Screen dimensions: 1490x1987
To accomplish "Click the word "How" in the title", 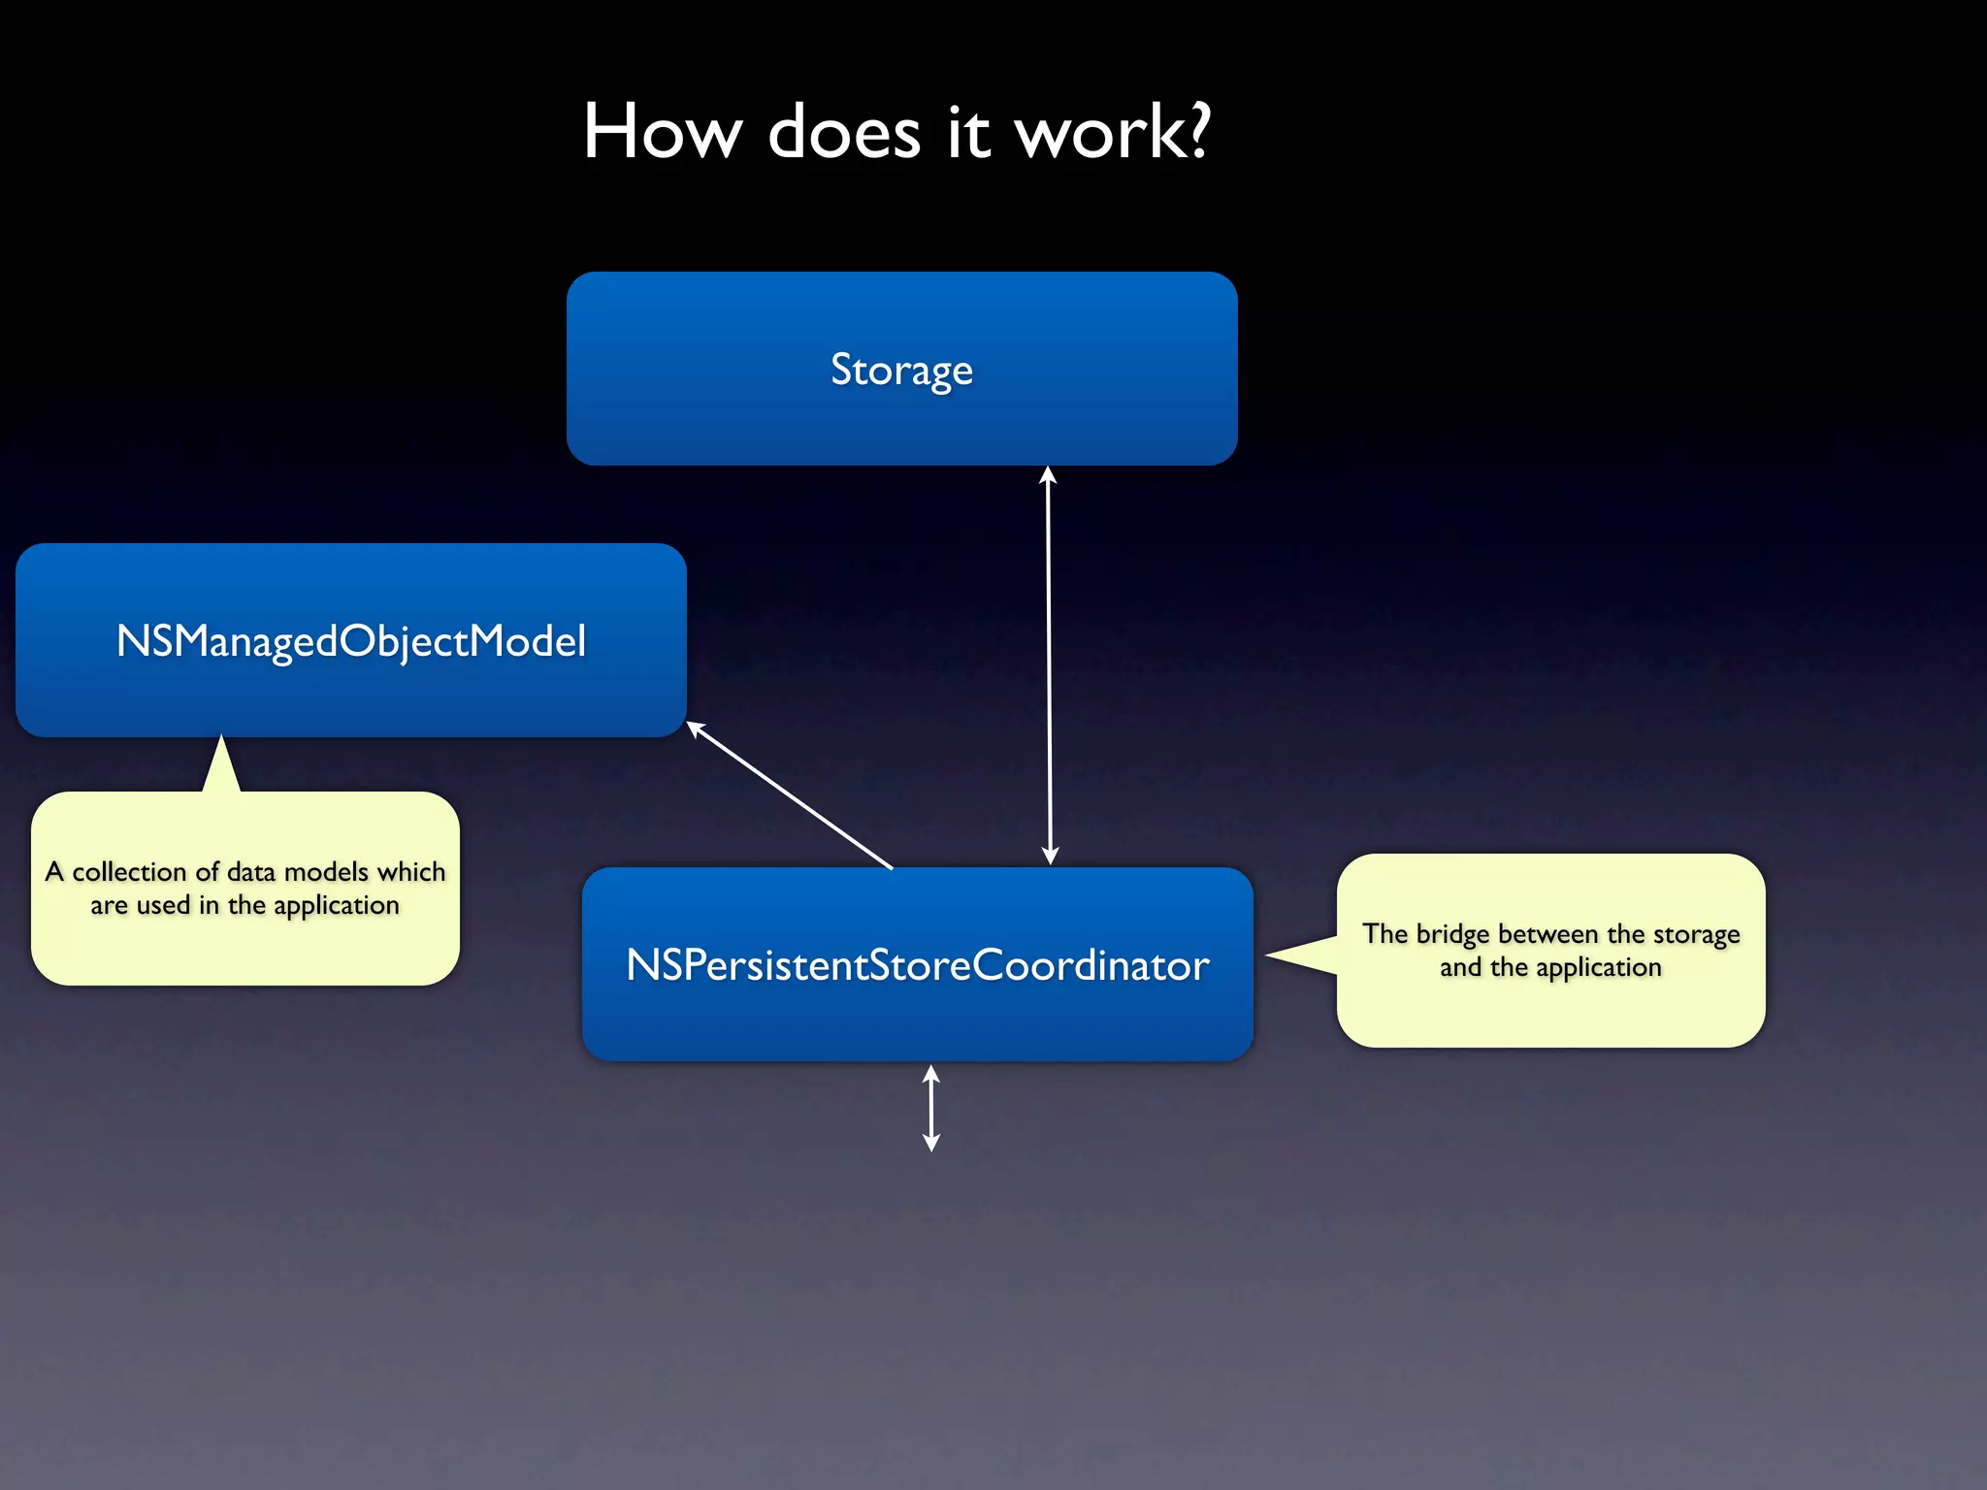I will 663,132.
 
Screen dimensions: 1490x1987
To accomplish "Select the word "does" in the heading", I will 844,132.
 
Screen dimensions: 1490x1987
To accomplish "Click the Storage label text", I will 901,370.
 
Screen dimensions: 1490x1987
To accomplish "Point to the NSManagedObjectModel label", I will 351,641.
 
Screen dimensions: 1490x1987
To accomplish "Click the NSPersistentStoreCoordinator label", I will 918,965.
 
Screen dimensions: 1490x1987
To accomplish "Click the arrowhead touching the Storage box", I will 1048,474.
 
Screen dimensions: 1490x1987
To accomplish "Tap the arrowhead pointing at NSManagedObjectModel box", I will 696,728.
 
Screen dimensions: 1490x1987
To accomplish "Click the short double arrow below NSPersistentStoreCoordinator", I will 931,1108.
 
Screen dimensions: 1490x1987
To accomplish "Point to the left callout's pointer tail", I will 222,766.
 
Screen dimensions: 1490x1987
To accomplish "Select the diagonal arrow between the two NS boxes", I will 791,795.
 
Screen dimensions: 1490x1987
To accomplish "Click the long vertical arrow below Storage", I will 1049,669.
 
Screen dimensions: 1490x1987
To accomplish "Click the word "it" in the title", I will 968,132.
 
